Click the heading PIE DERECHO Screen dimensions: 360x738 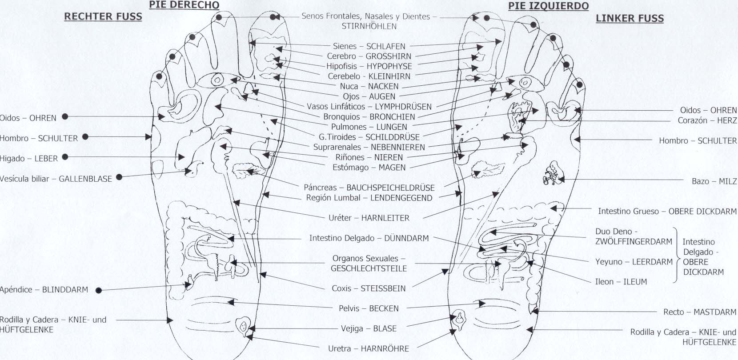point(184,5)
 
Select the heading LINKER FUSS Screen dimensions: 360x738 point(630,18)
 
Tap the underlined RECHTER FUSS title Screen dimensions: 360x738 point(103,16)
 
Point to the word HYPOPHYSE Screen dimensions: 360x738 point(389,66)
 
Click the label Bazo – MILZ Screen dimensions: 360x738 point(714,181)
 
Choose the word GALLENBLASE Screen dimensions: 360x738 point(85,179)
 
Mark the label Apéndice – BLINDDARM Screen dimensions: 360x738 point(44,290)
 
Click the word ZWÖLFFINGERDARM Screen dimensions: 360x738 point(634,242)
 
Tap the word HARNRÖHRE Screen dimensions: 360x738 point(385,349)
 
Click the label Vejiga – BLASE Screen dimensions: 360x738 point(369,329)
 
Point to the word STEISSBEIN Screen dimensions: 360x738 point(383,288)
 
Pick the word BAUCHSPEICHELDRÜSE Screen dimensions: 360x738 point(390,188)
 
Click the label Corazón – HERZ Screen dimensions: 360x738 point(707,120)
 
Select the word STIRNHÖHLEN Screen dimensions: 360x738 point(369,26)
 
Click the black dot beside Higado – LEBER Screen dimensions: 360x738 point(65,157)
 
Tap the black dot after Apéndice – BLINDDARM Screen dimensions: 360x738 point(99,290)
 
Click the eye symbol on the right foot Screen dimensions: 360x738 point(217,80)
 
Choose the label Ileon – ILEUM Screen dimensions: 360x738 point(621,282)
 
